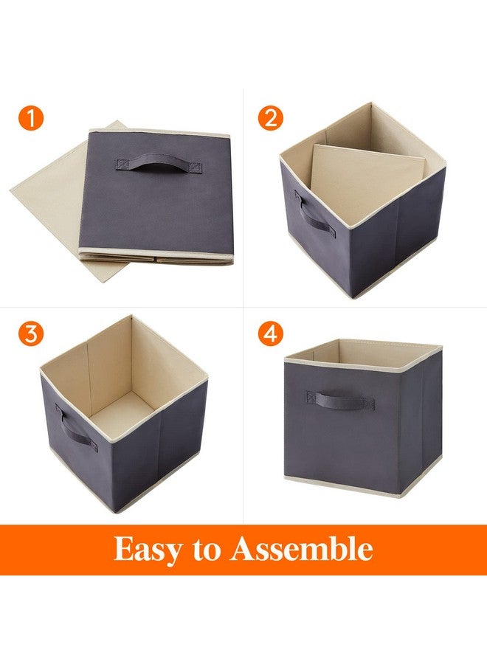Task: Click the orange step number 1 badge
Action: pyautogui.click(x=32, y=117)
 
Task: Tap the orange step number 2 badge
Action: pyautogui.click(x=270, y=117)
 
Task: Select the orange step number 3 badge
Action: pyautogui.click(x=32, y=333)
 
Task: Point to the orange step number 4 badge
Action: pyautogui.click(x=270, y=333)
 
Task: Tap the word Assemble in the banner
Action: pyautogui.click(x=301, y=549)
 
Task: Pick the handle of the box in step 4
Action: pyautogui.click(x=339, y=401)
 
